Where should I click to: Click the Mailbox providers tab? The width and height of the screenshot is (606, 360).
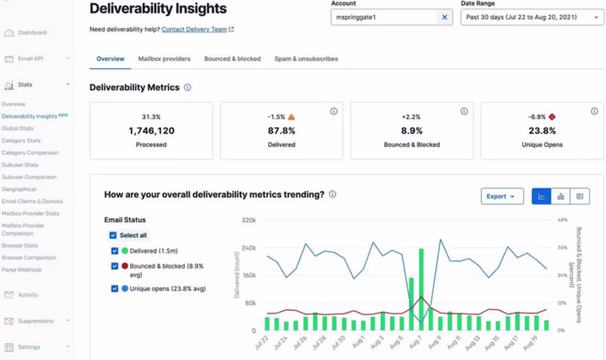[164, 59]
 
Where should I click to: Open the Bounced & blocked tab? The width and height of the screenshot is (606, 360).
[232, 59]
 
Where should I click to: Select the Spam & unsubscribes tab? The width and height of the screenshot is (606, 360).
[306, 59]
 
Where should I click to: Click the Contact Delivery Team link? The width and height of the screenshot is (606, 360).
[194, 30]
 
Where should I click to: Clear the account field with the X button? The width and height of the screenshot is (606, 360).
[444, 17]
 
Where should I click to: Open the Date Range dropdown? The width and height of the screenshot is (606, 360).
[532, 17]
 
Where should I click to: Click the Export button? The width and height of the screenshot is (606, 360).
[501, 196]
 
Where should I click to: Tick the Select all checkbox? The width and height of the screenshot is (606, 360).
[113, 235]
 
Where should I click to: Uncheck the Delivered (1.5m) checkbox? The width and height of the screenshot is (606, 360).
[115, 251]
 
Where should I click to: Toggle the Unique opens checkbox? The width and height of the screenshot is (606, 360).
[115, 288]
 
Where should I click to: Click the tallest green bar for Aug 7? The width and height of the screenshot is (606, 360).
[421, 289]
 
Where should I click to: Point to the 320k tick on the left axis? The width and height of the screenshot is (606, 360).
[248, 220]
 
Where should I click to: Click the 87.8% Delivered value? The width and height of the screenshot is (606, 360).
[282, 131]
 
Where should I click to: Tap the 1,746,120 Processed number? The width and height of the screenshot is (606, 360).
[151, 131]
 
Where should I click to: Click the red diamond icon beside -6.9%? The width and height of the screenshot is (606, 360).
[553, 117]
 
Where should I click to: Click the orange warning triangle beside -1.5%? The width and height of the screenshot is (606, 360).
[291, 117]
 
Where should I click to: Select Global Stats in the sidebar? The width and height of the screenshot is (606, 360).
[18, 128]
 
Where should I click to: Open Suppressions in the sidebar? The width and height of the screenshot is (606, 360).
[35, 321]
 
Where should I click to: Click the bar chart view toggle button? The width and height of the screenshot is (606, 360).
[560, 196]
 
